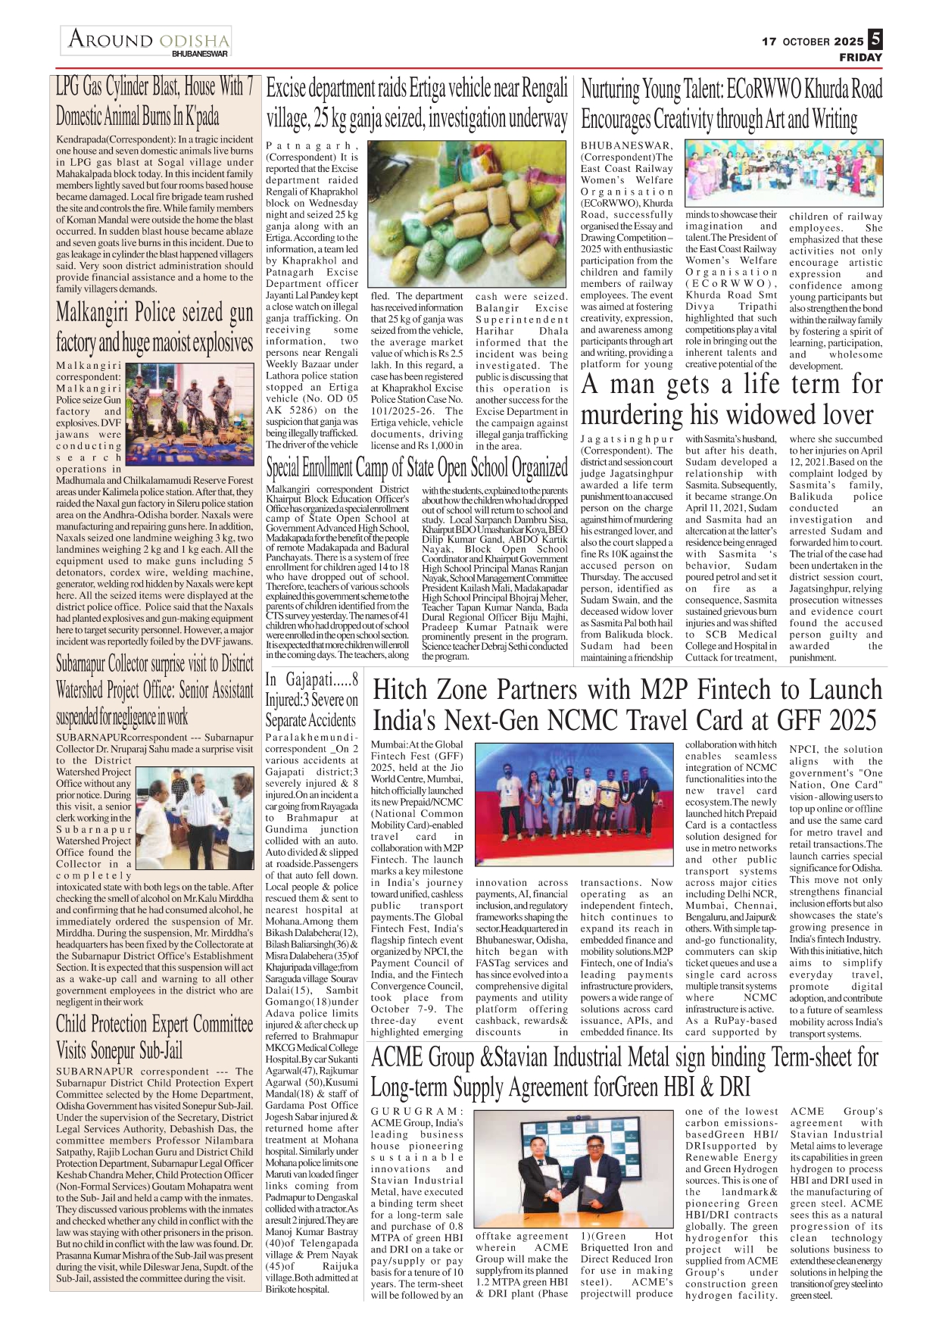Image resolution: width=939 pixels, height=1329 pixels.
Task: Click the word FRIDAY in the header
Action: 860,58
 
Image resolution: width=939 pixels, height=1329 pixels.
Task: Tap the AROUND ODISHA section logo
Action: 148,39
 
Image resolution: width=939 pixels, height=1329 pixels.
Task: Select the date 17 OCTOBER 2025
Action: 813,42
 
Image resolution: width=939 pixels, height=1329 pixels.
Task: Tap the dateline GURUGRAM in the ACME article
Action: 417,1111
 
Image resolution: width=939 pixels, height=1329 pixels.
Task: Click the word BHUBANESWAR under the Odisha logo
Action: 199,55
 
